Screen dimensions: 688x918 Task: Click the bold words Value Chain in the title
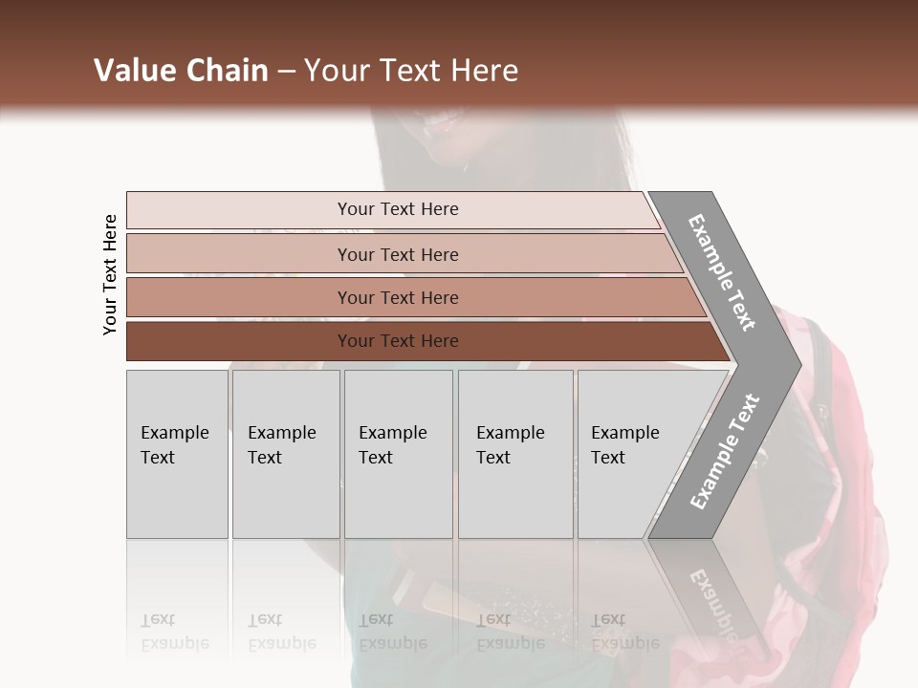tap(181, 71)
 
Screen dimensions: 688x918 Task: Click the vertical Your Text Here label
tap(110, 275)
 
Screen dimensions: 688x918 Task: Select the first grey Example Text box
tap(177, 454)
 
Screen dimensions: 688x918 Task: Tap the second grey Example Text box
tap(286, 454)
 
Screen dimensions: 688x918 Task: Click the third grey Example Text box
tap(398, 454)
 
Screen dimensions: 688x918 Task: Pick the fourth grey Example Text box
tap(515, 454)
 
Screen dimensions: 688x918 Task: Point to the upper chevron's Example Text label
tap(723, 272)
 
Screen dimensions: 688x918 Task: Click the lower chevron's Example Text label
tap(724, 452)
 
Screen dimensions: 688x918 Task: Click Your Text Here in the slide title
tap(410, 71)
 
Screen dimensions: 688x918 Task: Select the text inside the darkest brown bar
tap(398, 341)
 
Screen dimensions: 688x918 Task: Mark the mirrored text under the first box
tap(174, 632)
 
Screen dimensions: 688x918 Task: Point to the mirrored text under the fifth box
tap(625, 632)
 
